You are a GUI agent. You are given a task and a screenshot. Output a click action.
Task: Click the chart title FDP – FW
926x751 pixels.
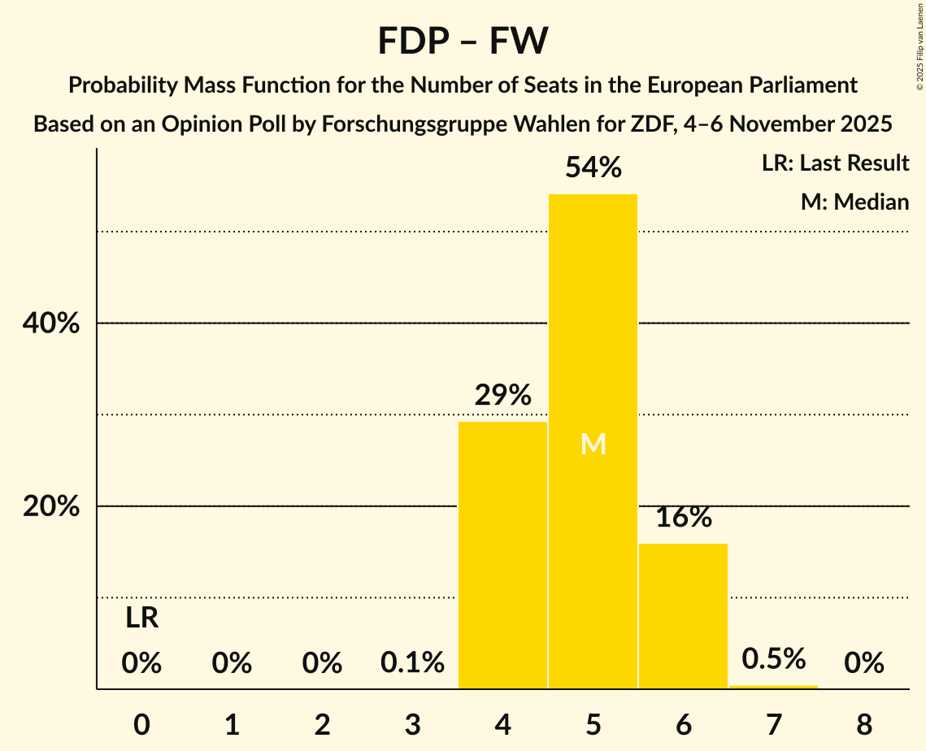tap(463, 41)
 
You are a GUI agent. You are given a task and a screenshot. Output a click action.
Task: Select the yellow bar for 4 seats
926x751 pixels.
tap(502, 554)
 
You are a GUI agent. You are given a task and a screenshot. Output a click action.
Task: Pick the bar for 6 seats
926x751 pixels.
tap(683, 615)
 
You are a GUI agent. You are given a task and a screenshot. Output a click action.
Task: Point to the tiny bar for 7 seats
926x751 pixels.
tap(773, 687)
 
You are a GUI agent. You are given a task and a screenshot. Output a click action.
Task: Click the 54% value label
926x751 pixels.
tap(593, 168)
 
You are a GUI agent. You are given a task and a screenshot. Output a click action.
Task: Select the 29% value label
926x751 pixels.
tap(502, 396)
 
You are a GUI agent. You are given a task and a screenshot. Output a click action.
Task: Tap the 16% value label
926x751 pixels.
tap(683, 518)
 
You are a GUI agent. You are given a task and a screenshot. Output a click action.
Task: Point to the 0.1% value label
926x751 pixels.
tap(412, 664)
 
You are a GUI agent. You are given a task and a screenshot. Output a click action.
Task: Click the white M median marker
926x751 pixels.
tap(593, 444)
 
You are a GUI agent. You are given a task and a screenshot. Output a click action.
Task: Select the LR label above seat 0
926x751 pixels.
tap(141, 619)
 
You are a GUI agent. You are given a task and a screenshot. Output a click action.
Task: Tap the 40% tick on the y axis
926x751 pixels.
tap(50, 323)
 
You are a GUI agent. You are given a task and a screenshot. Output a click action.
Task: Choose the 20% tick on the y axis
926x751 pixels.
tap(50, 506)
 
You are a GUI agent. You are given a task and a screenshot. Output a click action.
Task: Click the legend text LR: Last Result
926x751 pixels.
tap(835, 163)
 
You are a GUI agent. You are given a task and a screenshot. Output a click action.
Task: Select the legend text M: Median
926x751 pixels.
tap(854, 202)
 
